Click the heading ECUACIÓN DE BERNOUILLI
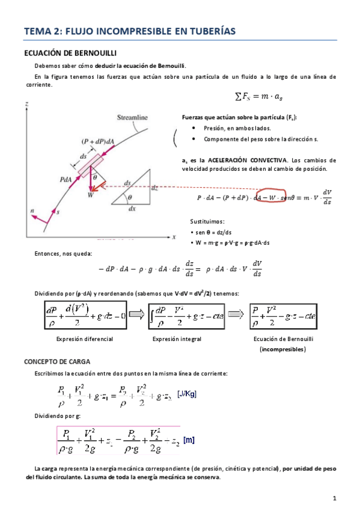tap(67, 53)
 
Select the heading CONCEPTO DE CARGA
tap(57, 361)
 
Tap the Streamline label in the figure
tap(133, 117)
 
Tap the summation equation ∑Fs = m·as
tap(258, 96)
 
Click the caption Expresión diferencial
tap(84, 339)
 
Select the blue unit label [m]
tap(189, 441)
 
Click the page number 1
tap(335, 497)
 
